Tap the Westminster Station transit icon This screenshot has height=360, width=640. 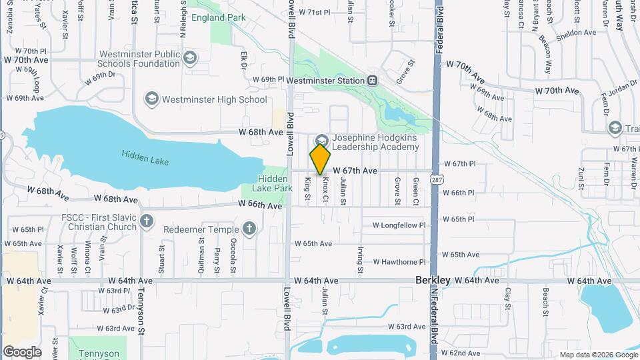[x=373, y=81]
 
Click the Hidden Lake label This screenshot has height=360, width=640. [x=145, y=157]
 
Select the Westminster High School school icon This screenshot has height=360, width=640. [x=151, y=99]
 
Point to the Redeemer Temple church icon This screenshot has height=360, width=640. [x=249, y=230]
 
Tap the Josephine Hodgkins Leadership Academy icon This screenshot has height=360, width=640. [x=322, y=141]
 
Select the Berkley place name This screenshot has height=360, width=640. [x=433, y=281]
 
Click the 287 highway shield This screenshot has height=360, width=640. [x=435, y=180]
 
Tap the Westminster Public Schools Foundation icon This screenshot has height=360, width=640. [x=189, y=59]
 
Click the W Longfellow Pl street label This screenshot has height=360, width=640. [x=399, y=225]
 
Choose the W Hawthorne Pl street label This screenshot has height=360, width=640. [x=399, y=262]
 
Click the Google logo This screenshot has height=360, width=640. [x=22, y=351]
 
